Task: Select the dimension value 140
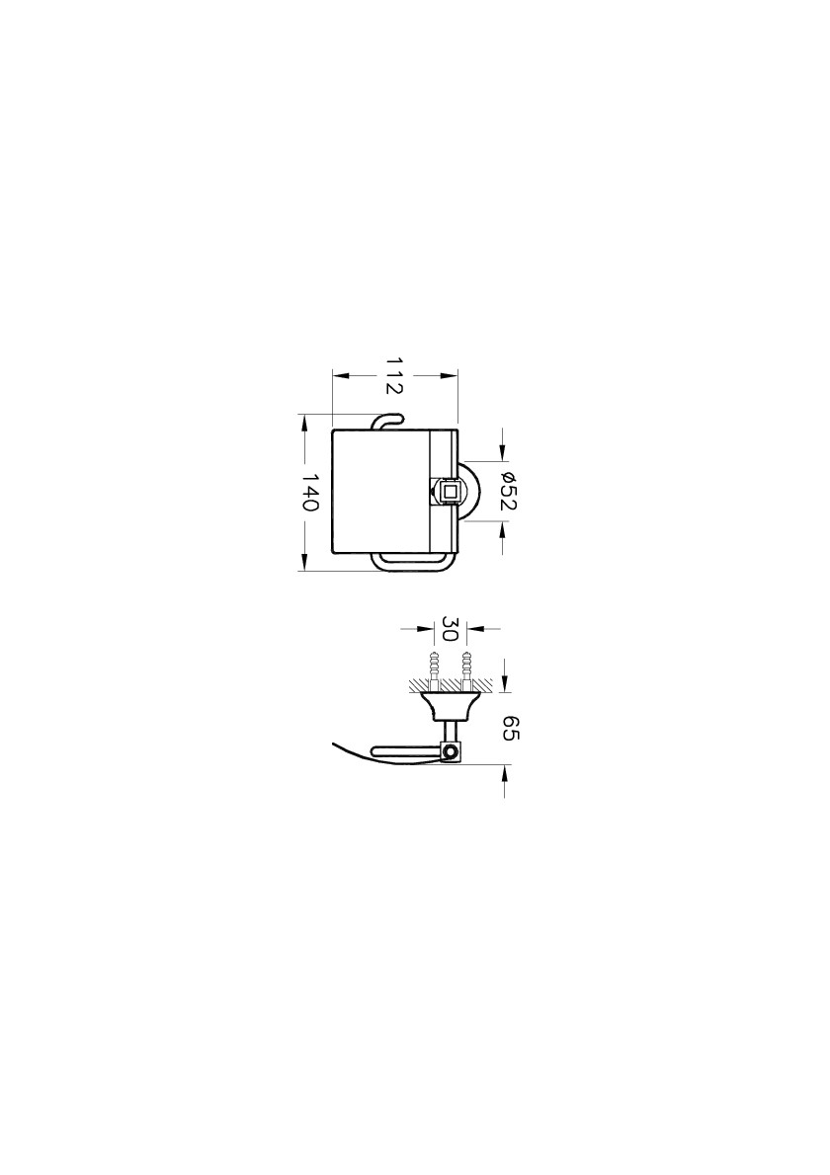point(310,492)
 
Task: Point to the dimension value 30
point(450,629)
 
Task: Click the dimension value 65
point(510,728)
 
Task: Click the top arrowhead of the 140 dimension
point(304,425)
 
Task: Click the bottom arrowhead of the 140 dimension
point(304,561)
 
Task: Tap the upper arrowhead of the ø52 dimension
point(502,451)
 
